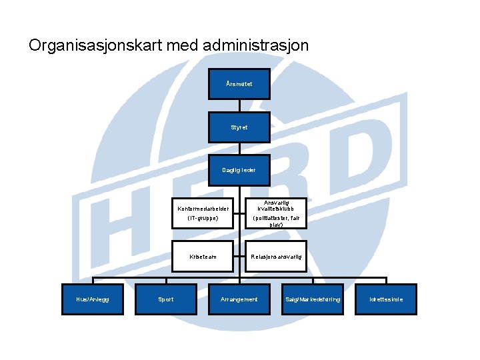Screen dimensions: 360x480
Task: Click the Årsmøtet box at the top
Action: click(x=239, y=84)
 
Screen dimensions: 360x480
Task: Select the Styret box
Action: click(x=239, y=127)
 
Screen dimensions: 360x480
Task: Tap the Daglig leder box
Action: click(x=239, y=170)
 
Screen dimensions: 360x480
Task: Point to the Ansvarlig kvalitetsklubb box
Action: click(x=276, y=205)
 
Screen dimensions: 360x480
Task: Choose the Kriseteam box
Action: click(x=203, y=256)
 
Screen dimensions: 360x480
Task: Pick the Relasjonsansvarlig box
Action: click(x=276, y=256)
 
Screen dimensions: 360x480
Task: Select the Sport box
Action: click(x=166, y=299)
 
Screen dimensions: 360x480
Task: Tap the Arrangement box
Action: click(x=239, y=299)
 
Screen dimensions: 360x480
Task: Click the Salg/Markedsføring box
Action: click(x=313, y=299)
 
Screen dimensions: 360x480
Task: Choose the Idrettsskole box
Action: click(x=386, y=299)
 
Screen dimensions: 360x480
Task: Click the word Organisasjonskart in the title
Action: click(x=94, y=46)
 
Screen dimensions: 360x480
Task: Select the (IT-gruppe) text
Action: click(x=203, y=217)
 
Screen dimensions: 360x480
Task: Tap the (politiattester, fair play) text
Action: click(x=276, y=221)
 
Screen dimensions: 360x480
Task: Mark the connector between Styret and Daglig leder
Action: click(x=239, y=149)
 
